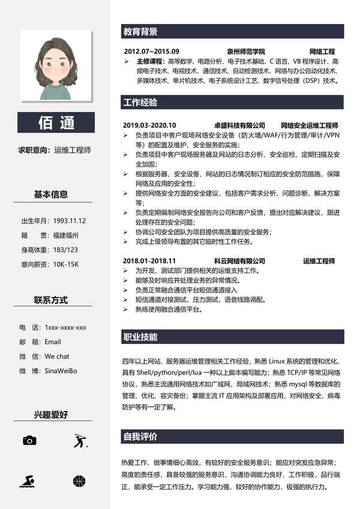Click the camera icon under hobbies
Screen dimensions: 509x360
pyautogui.click(x=29, y=441)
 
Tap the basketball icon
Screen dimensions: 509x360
pyautogui.click(x=79, y=481)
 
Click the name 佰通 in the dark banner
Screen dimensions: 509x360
pyautogui.click(x=56, y=123)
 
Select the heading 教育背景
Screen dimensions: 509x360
pyautogui.click(x=140, y=32)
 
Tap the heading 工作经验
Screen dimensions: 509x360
pyautogui.click(x=140, y=102)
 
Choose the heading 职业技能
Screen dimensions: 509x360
pyautogui.click(x=140, y=336)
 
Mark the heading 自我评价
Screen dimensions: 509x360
pyautogui.click(x=140, y=436)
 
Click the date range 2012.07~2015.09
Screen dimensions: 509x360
pyautogui.click(x=151, y=52)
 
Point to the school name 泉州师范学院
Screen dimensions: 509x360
pyautogui.click(x=245, y=52)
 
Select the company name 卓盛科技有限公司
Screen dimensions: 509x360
pyautogui.click(x=239, y=125)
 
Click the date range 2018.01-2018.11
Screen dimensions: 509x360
pyautogui.click(x=149, y=261)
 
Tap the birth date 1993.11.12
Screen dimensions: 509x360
pyautogui.click(x=69, y=221)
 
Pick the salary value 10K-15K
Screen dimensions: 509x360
pyautogui.click(x=65, y=264)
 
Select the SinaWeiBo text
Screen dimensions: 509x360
pyautogui.click(x=61, y=371)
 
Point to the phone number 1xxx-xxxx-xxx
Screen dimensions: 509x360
pyautogui.click(x=65, y=328)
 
